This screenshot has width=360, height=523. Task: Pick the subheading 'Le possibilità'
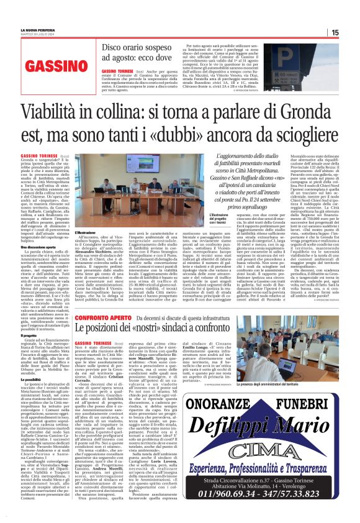[34, 379]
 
